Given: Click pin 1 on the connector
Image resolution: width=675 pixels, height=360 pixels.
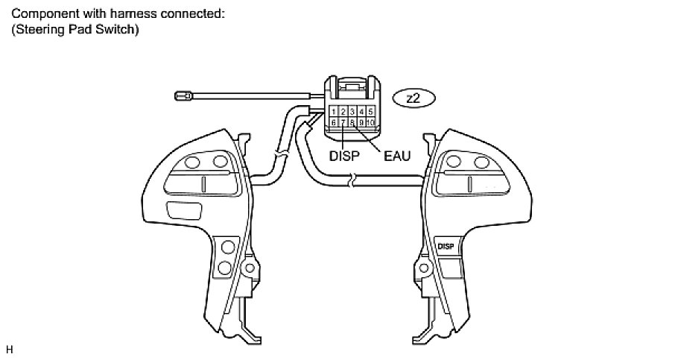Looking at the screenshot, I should tap(335, 112).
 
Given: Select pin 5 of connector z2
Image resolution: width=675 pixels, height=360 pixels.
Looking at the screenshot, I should tap(370, 112).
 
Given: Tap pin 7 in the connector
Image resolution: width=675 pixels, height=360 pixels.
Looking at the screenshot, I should tap(343, 121).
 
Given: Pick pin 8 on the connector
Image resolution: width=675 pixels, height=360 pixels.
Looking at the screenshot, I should tap(352, 121).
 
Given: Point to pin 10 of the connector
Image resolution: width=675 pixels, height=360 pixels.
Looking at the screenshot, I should tap(370, 121).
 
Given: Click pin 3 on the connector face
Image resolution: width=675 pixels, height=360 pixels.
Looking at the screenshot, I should tap(352, 112).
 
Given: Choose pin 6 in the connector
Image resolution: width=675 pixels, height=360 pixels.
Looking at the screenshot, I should tap(335, 121).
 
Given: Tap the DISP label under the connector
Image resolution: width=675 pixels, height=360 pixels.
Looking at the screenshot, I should tap(343, 157).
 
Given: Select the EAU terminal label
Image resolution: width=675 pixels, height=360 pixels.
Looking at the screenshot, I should tap(397, 157).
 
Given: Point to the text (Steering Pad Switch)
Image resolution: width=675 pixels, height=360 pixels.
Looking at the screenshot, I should tap(76, 31).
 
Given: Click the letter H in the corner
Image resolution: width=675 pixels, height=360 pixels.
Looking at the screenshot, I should tap(9, 348).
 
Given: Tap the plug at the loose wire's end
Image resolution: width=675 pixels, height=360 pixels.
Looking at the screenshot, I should tap(182, 95).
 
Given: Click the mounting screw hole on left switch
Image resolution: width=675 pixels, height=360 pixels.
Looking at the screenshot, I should tap(250, 266).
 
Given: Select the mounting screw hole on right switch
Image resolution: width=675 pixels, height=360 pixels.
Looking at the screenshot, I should tap(425, 266).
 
